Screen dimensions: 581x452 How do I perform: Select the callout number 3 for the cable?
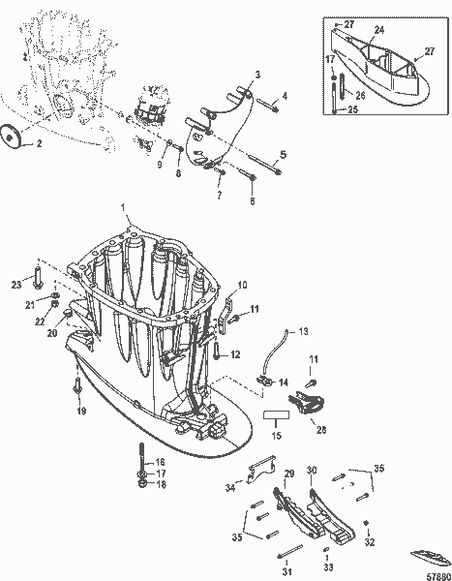pos(257,74)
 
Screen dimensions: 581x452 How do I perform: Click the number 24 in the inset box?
pos(379,30)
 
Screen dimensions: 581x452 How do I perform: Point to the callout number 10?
pos(242,285)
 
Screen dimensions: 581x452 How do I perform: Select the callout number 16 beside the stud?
pos(161,462)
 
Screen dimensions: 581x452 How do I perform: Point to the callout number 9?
pos(161,165)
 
